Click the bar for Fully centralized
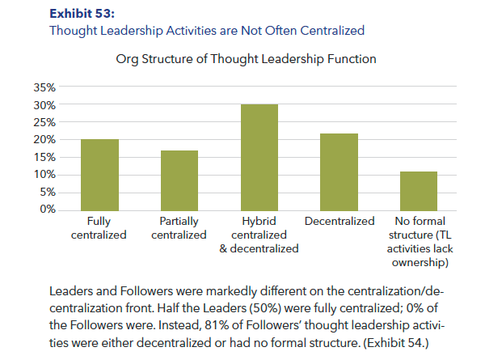tap(99, 175)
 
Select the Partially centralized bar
tap(179, 180)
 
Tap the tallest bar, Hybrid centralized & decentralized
tap(259, 157)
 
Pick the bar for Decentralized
tap(339, 172)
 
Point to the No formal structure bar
tap(418, 191)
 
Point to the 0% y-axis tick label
tap(47, 210)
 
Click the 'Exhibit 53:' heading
tap(82, 14)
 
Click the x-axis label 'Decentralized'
tap(339, 221)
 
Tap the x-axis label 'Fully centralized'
tap(99, 227)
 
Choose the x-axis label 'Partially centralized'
tap(179, 227)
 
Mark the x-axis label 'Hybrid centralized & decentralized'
tap(259, 235)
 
